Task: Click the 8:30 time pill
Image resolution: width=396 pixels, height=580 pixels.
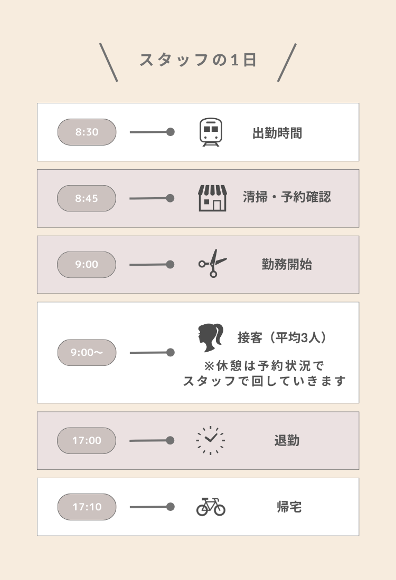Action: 87,132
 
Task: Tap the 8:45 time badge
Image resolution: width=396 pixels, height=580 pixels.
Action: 86,198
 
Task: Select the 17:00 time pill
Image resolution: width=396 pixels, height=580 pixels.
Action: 86,441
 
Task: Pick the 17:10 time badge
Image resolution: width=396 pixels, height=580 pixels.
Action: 87,507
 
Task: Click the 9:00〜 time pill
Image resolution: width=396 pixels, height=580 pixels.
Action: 87,353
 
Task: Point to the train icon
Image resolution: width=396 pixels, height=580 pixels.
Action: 211,132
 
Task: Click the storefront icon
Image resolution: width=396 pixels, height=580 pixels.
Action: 212,198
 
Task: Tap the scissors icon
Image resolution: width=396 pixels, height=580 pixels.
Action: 213,263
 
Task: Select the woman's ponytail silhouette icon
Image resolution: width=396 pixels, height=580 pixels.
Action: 211,337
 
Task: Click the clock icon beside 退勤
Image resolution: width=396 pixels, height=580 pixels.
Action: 211,440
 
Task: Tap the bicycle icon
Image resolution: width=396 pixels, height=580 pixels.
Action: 211,506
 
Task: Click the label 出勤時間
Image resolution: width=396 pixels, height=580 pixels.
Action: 277,133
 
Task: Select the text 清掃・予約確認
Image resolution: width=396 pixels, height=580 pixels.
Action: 287,197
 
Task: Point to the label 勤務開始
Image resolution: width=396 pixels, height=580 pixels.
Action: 287,265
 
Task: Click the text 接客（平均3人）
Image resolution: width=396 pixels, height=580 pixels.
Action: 282,337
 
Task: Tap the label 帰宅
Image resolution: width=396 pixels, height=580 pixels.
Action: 289,507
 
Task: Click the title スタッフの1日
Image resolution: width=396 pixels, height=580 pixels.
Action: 198,60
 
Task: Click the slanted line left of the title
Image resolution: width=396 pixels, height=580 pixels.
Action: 109,62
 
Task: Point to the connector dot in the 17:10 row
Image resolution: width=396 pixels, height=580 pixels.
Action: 171,507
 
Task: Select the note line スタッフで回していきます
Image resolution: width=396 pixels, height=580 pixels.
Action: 265,381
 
